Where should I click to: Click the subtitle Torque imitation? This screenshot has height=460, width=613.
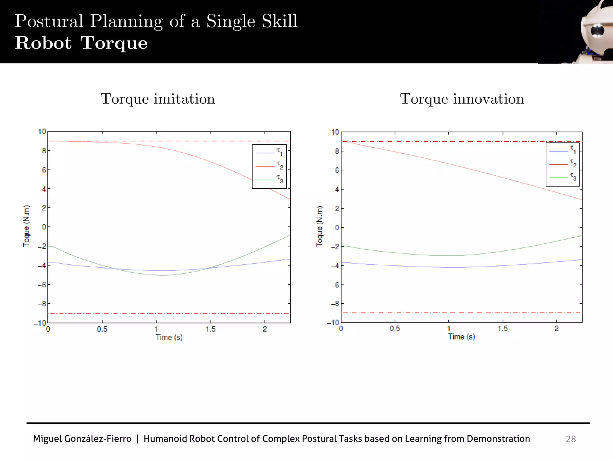(x=158, y=99)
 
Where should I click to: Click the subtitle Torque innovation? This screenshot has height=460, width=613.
(x=462, y=99)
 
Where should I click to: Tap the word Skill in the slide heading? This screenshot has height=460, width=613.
(x=280, y=21)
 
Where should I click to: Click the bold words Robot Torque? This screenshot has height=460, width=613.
(x=81, y=43)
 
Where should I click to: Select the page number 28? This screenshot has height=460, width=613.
(x=571, y=439)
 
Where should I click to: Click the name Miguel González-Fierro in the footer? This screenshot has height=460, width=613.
(x=82, y=439)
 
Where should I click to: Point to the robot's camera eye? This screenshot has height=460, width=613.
(x=597, y=31)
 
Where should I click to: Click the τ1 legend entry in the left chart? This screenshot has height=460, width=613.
(x=269, y=152)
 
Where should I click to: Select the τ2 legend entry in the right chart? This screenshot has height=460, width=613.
(x=563, y=164)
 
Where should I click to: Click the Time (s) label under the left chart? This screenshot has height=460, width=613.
(x=169, y=338)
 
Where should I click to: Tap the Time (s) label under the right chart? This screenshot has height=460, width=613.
(x=461, y=337)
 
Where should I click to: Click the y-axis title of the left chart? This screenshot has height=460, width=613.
(x=27, y=226)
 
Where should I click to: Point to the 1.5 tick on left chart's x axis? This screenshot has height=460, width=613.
(x=210, y=329)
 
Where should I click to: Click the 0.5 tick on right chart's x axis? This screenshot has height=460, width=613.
(x=394, y=329)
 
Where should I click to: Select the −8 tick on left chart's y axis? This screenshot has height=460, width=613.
(x=42, y=304)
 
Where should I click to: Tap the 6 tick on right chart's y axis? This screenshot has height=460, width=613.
(x=337, y=170)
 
